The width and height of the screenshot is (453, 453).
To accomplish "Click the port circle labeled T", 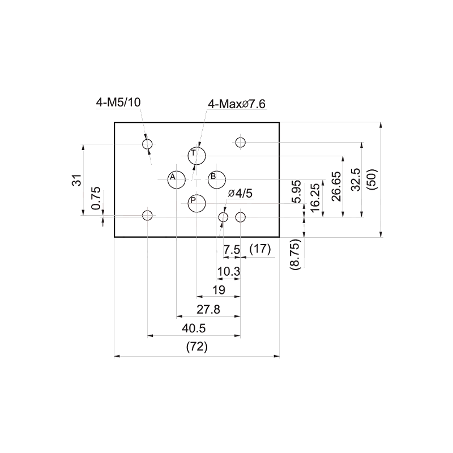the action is click(x=196, y=156).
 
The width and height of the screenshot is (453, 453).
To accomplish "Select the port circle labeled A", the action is click(x=177, y=180).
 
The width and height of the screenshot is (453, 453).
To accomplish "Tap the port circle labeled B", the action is click(x=217, y=180).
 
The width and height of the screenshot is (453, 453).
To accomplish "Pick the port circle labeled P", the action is click(x=196, y=203).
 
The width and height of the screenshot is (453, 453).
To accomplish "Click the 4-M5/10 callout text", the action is click(x=118, y=102).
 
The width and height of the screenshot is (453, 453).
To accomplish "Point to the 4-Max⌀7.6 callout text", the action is click(x=237, y=104).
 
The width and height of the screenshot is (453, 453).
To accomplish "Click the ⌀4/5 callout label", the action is click(x=240, y=193).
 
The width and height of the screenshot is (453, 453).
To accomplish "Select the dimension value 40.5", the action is click(x=194, y=328).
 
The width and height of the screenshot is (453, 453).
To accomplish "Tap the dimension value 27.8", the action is click(x=208, y=309).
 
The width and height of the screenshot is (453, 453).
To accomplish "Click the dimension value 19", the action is click(x=219, y=290).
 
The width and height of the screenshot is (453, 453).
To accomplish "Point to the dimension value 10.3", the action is click(x=229, y=272).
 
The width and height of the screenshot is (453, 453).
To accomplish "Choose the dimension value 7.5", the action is click(x=232, y=249).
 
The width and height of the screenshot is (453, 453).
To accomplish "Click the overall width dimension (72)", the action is click(x=197, y=347).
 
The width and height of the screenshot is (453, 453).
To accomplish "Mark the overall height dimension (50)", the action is click(x=372, y=180).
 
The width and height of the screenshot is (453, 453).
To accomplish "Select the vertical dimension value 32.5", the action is click(x=356, y=180).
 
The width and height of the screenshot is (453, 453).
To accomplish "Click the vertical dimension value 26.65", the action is click(x=336, y=187).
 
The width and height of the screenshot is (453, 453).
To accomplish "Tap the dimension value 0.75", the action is click(x=96, y=198).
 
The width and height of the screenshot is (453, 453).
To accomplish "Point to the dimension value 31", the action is click(x=77, y=180).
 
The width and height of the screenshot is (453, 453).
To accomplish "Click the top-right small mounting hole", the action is click(x=240, y=142).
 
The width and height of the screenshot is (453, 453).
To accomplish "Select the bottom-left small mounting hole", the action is click(x=147, y=215).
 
